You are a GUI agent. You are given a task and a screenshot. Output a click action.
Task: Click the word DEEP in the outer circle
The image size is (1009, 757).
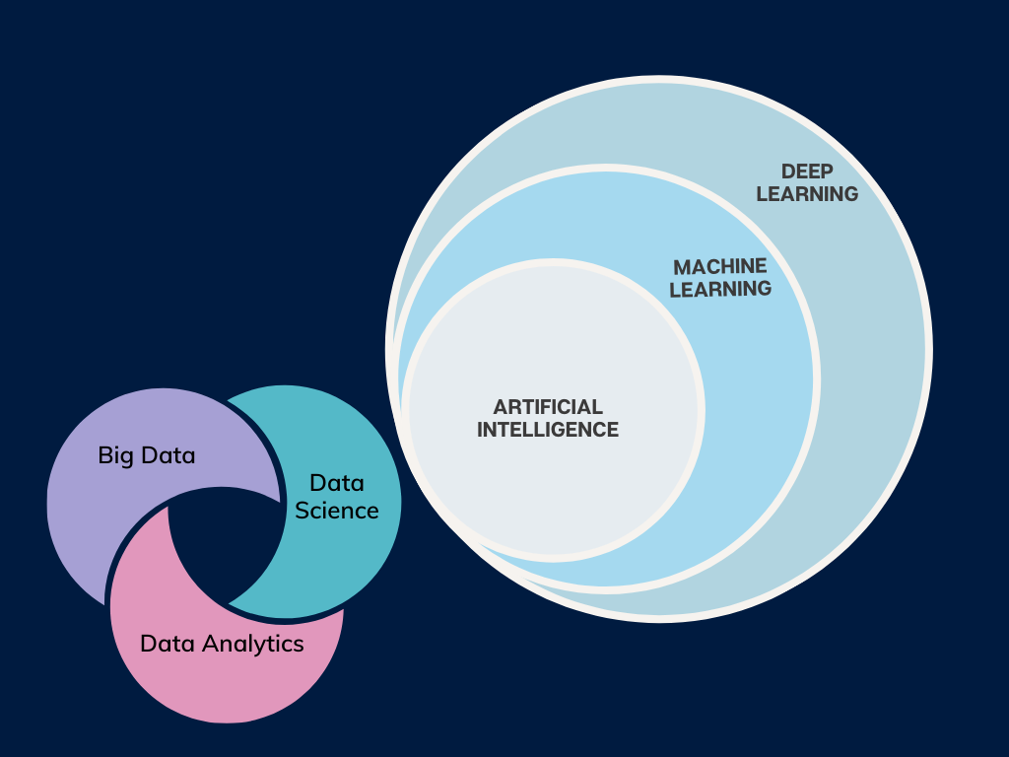pyautogui.click(x=807, y=172)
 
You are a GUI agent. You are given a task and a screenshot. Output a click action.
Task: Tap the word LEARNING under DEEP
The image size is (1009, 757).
pyautogui.click(x=807, y=194)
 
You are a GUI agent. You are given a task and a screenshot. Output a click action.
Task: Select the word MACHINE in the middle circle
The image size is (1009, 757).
pyautogui.click(x=720, y=267)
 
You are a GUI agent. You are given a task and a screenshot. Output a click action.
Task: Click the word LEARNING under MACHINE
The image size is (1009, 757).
pyautogui.click(x=721, y=289)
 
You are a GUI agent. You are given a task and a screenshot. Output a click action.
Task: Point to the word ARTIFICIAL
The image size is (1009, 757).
pyautogui.click(x=548, y=407)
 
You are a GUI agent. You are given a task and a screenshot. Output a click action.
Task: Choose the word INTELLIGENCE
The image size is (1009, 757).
pyautogui.click(x=548, y=430)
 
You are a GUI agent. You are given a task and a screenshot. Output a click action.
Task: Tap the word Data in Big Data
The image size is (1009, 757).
pyautogui.click(x=168, y=455)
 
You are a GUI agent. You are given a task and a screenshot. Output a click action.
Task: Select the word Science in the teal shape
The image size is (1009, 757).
pyautogui.click(x=337, y=510)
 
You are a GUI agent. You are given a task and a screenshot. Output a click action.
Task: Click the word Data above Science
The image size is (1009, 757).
pyautogui.click(x=337, y=483)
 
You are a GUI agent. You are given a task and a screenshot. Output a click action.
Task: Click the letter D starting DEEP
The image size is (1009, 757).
pyautogui.click(x=787, y=172)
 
